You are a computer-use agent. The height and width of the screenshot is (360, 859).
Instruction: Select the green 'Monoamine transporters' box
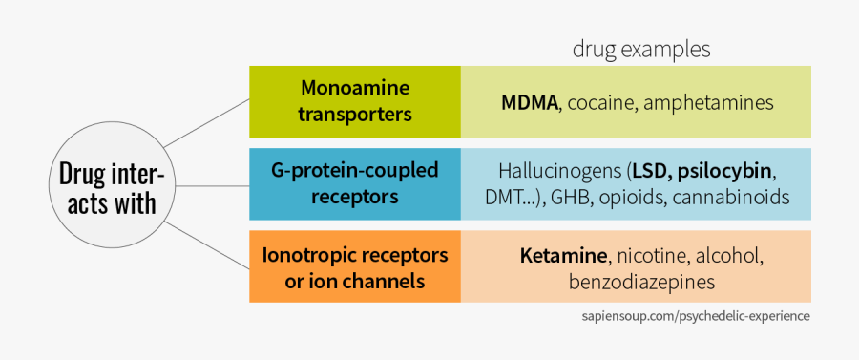(x=355, y=101)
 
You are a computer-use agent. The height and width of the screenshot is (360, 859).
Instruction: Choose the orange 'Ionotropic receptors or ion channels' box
(x=355, y=267)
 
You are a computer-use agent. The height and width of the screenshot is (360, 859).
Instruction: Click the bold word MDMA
(x=530, y=102)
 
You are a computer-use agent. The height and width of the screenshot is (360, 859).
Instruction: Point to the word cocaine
(x=600, y=102)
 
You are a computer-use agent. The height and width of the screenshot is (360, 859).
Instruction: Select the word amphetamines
(x=708, y=102)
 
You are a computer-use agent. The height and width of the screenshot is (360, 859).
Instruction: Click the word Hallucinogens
(x=558, y=172)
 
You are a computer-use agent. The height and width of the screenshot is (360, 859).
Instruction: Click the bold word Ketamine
(x=564, y=256)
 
